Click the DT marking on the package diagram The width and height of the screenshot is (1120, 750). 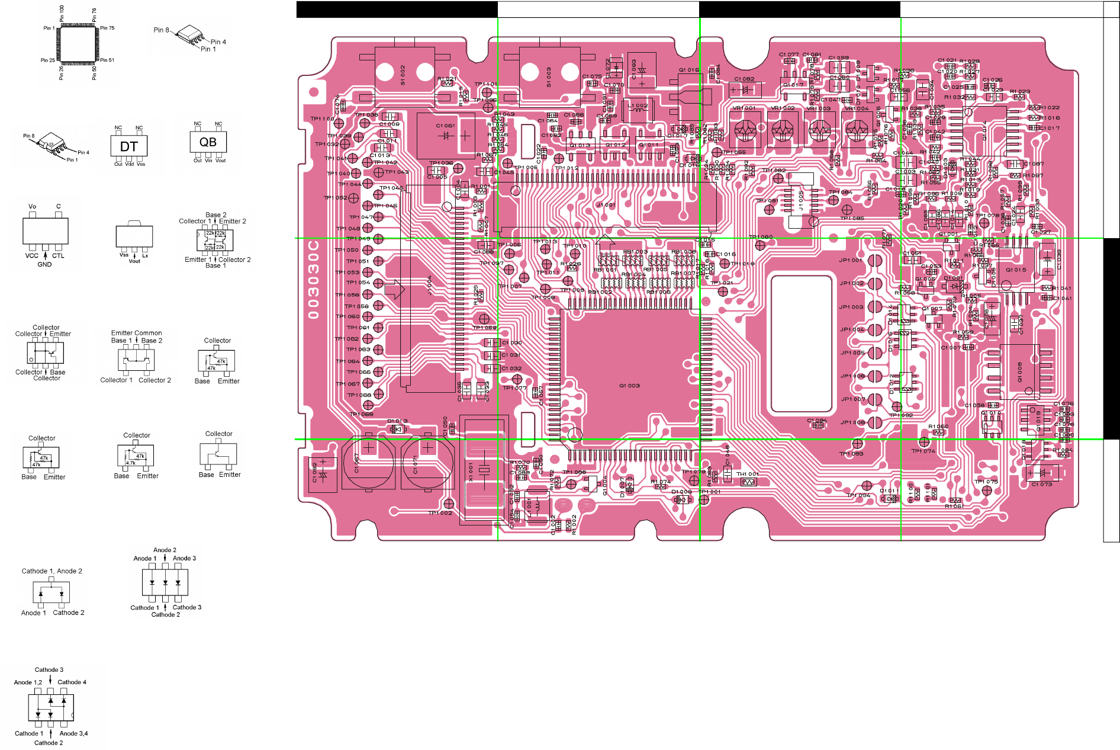click(x=129, y=146)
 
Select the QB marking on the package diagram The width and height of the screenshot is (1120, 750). click(x=208, y=142)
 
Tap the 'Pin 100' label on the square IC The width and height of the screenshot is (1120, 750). click(x=62, y=13)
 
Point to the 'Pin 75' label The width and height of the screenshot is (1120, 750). click(x=107, y=28)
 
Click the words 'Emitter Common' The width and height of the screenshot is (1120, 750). click(x=136, y=333)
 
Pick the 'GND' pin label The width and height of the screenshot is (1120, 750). click(x=44, y=264)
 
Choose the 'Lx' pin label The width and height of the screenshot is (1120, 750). click(x=145, y=256)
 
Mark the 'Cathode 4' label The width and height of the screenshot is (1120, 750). click(x=72, y=682)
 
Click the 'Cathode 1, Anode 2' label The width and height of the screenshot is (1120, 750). click(x=52, y=571)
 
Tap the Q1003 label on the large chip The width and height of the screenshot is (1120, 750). click(x=629, y=386)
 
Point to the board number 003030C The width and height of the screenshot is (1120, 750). click(x=314, y=279)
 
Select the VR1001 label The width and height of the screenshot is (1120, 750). click(x=744, y=108)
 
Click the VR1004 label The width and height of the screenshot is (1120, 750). click(x=856, y=108)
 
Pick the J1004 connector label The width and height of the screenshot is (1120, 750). click(x=430, y=285)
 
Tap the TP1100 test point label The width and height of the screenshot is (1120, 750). click(x=322, y=118)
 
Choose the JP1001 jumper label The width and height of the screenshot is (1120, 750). click(x=851, y=260)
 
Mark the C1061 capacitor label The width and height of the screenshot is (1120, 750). click(x=445, y=126)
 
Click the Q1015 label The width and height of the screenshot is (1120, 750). click(x=1016, y=270)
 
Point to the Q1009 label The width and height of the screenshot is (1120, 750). click(x=1020, y=372)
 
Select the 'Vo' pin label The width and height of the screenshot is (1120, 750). click(x=33, y=207)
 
